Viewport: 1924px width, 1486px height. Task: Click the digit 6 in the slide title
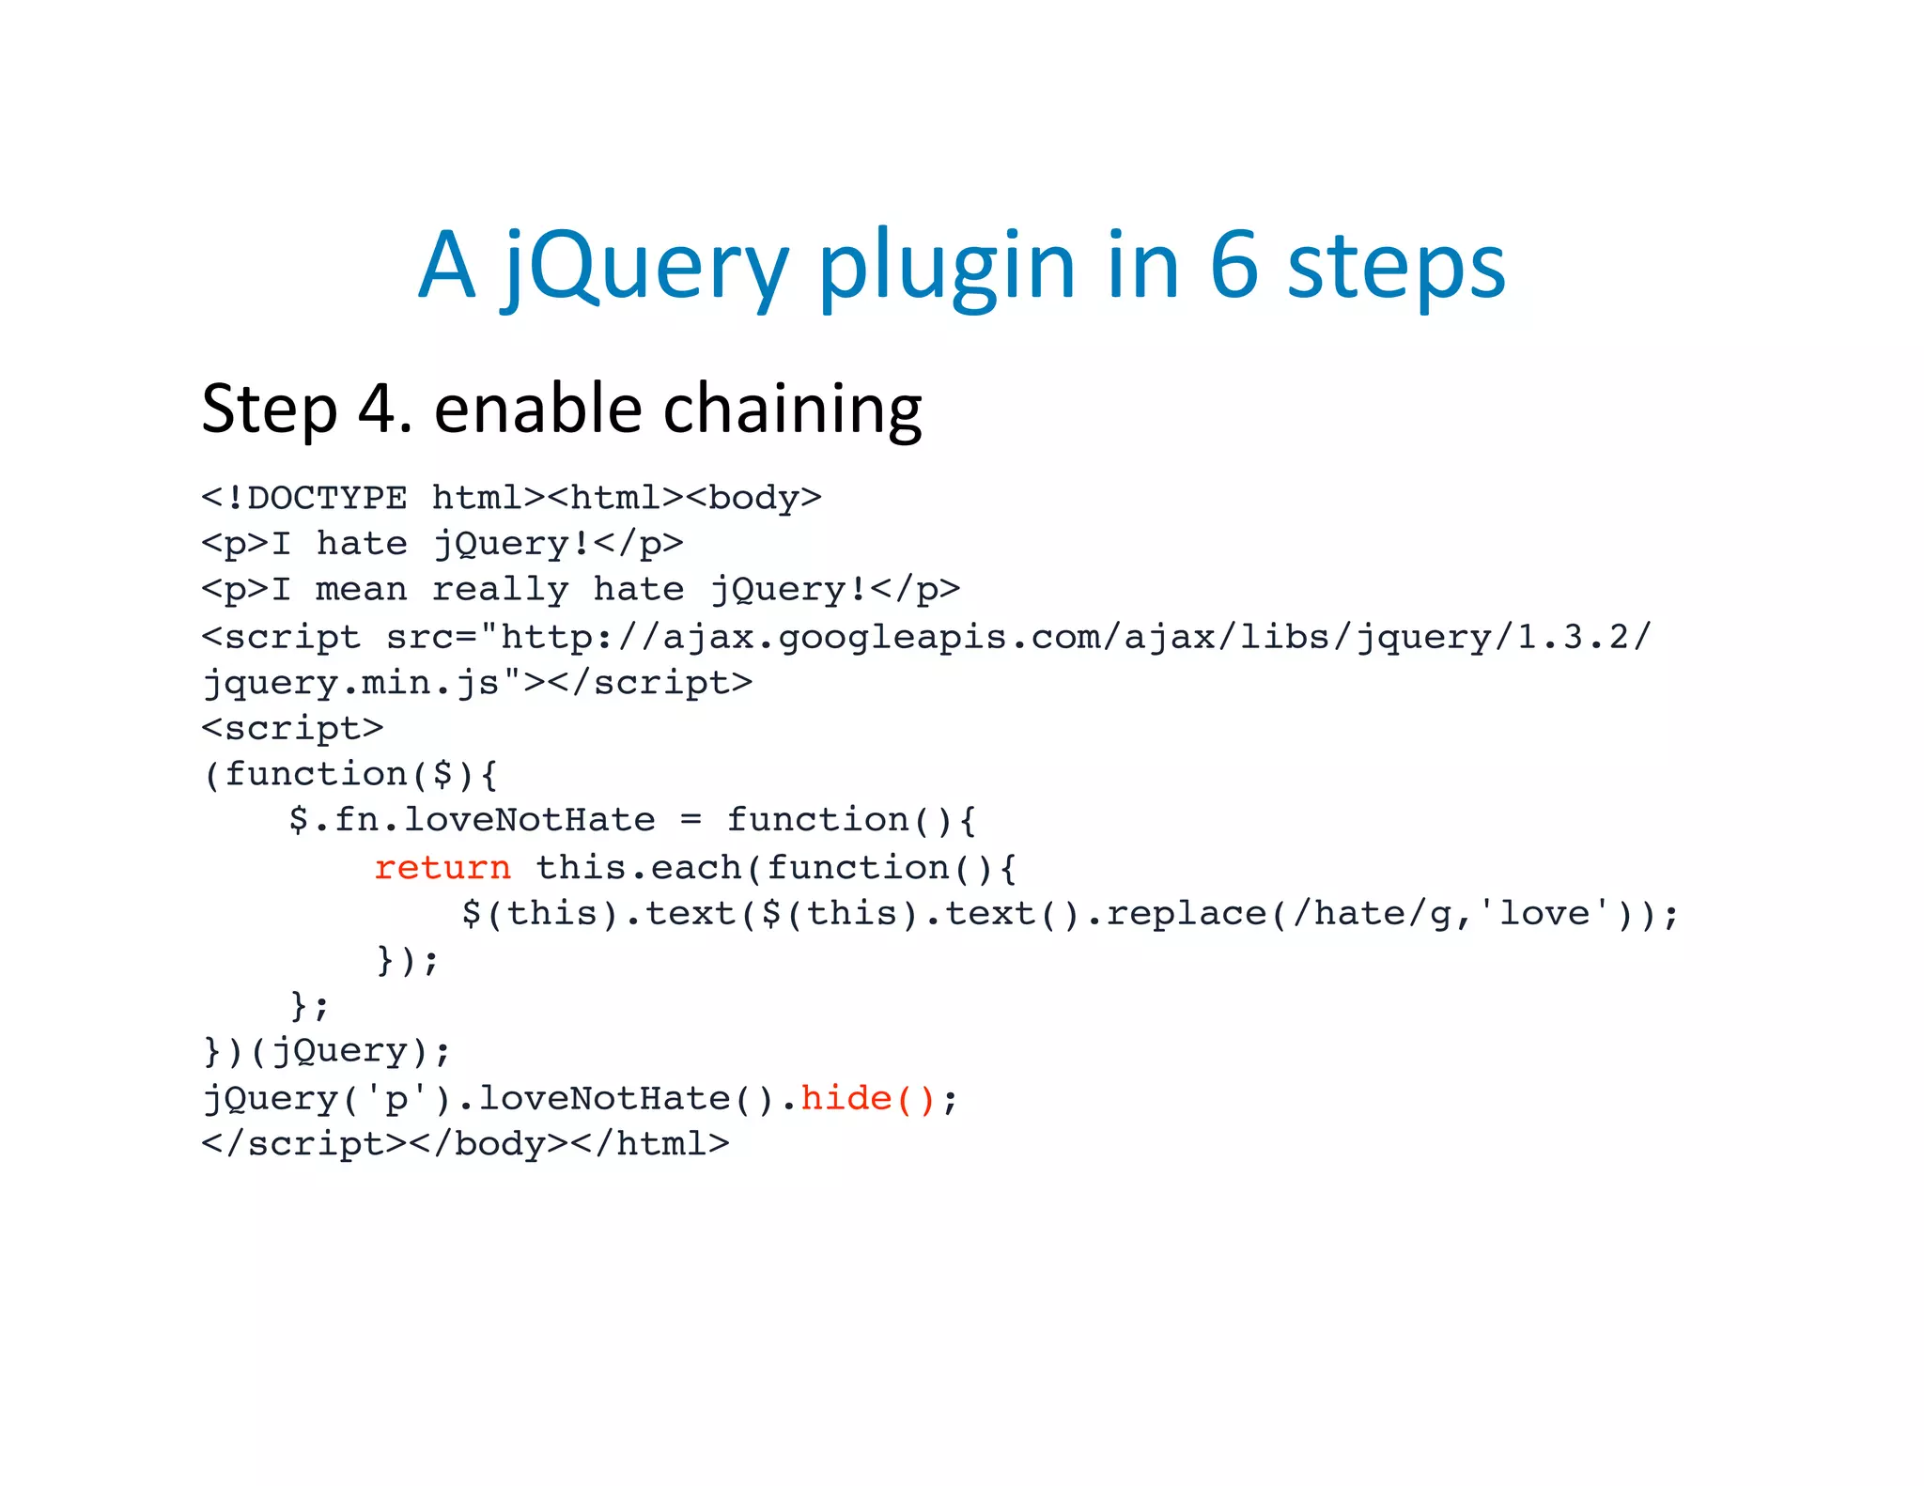(1233, 266)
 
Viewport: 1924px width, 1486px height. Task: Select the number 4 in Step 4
(380, 410)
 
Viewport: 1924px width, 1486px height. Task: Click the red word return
(442, 867)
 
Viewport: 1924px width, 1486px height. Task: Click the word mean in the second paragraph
(362, 590)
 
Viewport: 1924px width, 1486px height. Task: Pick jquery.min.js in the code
(352, 683)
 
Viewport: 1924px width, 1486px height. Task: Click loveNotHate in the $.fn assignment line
(529, 820)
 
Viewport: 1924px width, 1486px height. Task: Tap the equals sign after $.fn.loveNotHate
(690, 820)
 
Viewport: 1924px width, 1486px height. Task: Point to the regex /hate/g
(1372, 913)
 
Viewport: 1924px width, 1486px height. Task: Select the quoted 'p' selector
(396, 1098)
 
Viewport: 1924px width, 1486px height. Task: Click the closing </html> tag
(662, 1144)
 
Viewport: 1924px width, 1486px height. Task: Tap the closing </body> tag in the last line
(489, 1144)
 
